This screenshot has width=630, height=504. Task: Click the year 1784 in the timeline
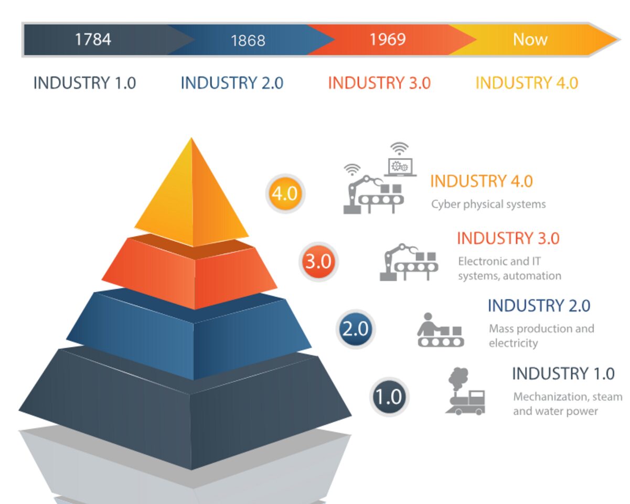pos(93,39)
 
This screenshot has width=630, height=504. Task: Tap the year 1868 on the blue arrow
pos(248,40)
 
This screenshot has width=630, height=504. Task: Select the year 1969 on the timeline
pos(388,39)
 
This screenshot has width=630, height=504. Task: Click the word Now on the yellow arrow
pos(530,39)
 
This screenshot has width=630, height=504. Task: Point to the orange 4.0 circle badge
pos(285,194)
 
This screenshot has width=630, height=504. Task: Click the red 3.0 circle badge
pos(318,261)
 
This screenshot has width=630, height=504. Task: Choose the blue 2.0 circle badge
pos(356,329)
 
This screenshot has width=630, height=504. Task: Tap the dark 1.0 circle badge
pos(389,397)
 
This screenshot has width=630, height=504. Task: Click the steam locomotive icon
pos(465,391)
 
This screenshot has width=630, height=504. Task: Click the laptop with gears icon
pos(400,167)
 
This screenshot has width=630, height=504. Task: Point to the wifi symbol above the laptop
pos(399,148)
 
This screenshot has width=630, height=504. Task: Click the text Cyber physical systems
pos(488,205)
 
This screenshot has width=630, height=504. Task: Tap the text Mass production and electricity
pos(541,336)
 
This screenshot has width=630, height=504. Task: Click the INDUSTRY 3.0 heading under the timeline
pos(379,83)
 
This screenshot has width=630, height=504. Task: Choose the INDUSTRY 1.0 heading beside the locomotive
pos(563,373)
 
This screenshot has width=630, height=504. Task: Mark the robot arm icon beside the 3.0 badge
pos(409,262)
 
